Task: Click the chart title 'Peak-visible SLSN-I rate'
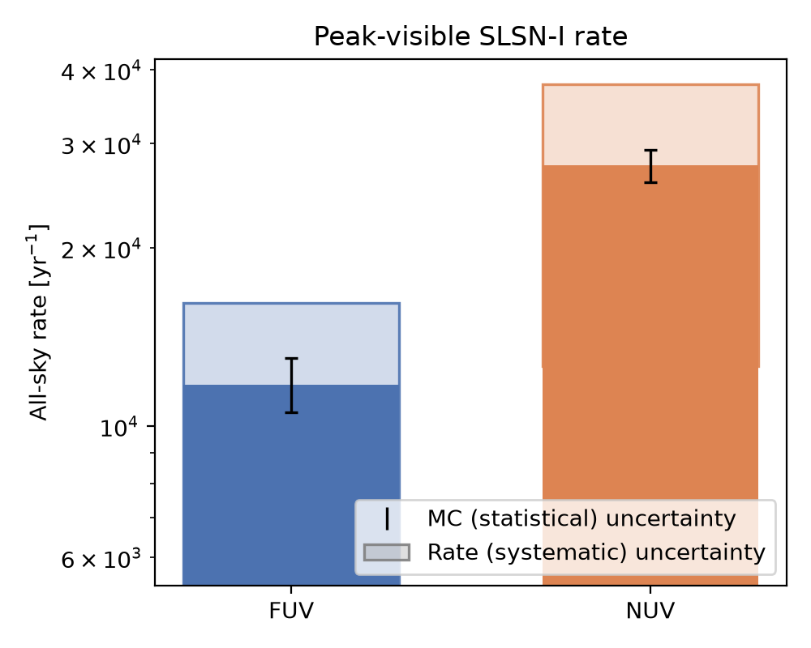coord(470,36)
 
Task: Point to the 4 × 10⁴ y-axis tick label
coord(101,71)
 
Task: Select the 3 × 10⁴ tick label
coord(101,146)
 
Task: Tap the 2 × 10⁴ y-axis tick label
coord(101,250)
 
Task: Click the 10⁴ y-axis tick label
coord(120,428)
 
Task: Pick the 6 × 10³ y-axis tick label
coord(101,560)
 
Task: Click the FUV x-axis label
coord(291,612)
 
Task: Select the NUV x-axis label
coord(650,612)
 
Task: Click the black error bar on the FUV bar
coord(292,386)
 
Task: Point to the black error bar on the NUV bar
coord(650,166)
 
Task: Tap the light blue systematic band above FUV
coord(292,344)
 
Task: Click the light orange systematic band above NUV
coord(650,125)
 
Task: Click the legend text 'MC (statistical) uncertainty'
coord(581,518)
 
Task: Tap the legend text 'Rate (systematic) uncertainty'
coord(596,552)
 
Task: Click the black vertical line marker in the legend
coord(387,519)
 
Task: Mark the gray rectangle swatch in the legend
coord(387,552)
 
